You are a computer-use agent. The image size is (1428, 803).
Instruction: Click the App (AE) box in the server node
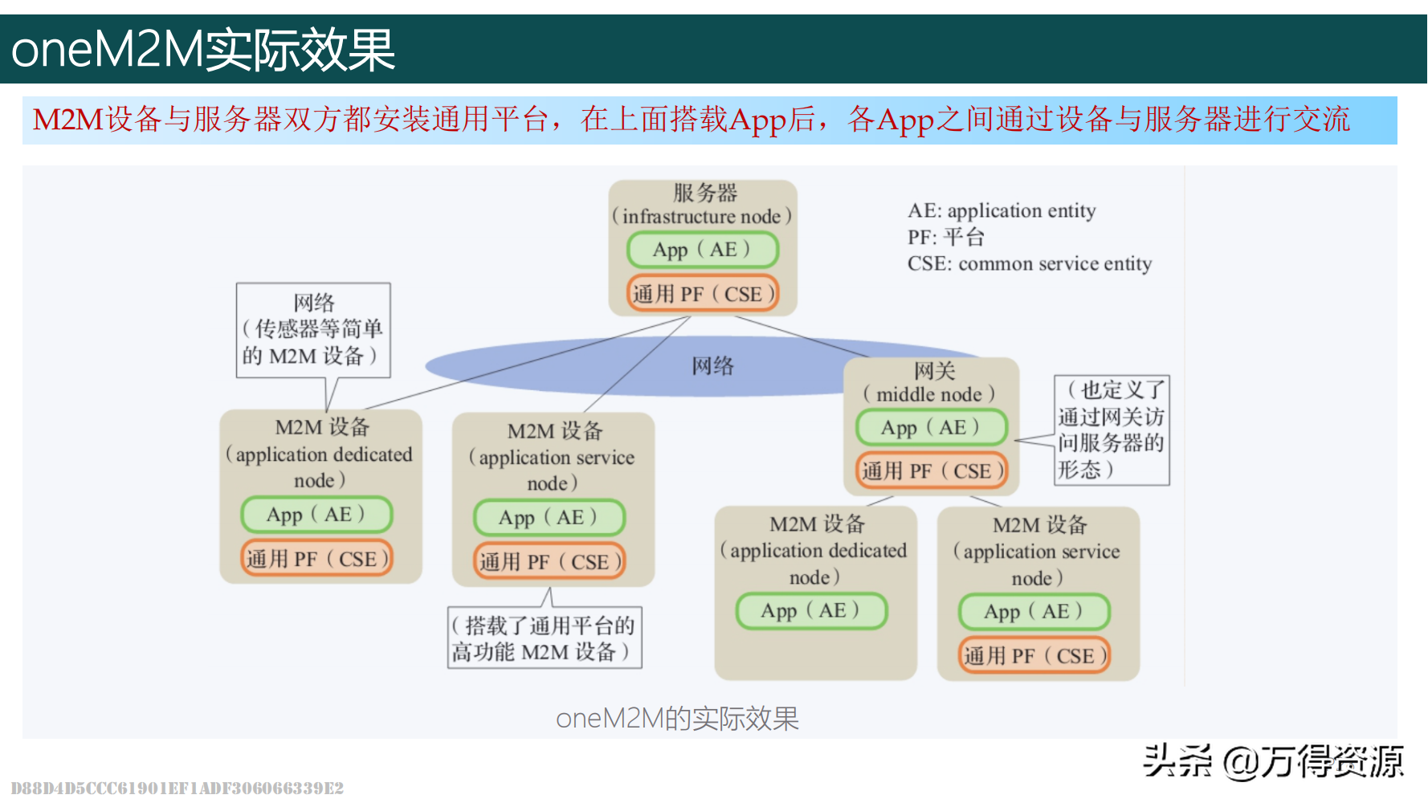[x=703, y=250]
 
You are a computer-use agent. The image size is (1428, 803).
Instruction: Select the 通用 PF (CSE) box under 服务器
[x=703, y=294]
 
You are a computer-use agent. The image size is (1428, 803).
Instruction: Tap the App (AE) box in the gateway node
[x=932, y=427]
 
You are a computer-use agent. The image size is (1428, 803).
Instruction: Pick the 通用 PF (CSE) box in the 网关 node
[x=932, y=471]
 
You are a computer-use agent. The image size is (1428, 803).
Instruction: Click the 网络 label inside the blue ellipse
[x=712, y=366]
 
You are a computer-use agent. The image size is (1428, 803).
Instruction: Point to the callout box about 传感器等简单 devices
[x=313, y=329]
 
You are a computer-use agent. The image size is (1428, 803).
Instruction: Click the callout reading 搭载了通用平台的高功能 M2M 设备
[x=545, y=638]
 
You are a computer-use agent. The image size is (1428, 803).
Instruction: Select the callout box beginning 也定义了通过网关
[x=1112, y=430]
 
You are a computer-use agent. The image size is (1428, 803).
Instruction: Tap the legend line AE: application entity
[x=1002, y=211]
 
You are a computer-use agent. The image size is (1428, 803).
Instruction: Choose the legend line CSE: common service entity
[x=1030, y=264]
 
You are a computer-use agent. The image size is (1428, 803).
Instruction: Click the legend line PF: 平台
[x=946, y=238]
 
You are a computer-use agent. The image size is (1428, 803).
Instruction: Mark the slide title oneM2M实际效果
[x=203, y=50]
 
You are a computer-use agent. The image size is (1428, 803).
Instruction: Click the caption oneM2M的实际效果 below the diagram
[x=677, y=719]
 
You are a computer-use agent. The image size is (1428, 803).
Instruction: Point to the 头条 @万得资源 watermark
[x=1273, y=760]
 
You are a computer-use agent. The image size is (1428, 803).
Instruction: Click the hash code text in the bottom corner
[x=177, y=789]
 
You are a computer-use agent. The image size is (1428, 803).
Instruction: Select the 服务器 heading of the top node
[x=704, y=193]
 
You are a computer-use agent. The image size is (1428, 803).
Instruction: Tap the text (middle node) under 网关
[x=929, y=394]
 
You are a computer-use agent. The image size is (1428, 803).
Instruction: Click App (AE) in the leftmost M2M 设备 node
[x=316, y=515]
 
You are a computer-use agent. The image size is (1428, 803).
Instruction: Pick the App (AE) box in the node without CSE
[x=811, y=611]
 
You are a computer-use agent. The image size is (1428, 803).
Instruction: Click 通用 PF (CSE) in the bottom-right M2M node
[x=1034, y=656]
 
